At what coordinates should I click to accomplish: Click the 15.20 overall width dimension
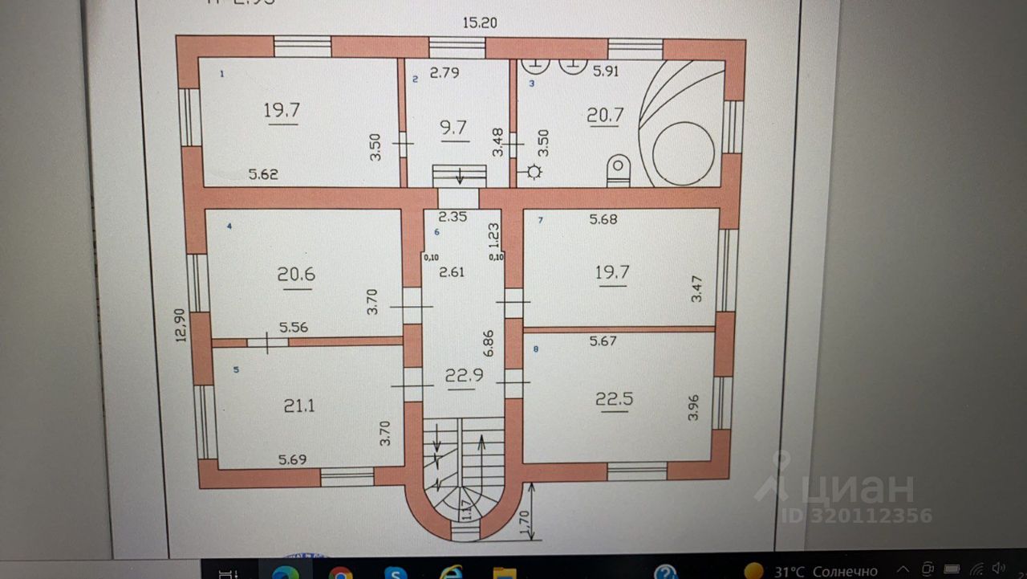pyautogui.click(x=479, y=24)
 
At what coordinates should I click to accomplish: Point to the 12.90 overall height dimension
pyautogui.click(x=181, y=325)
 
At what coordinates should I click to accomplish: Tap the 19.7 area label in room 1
pyautogui.click(x=282, y=110)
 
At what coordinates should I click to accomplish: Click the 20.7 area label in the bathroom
pyautogui.click(x=605, y=115)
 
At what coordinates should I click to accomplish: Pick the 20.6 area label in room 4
pyautogui.click(x=296, y=275)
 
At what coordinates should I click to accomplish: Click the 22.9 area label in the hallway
pyautogui.click(x=461, y=375)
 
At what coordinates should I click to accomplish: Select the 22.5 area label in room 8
pyautogui.click(x=614, y=398)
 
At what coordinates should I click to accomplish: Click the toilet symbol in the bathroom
pyautogui.click(x=619, y=169)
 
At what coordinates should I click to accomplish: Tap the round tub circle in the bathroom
pyautogui.click(x=683, y=153)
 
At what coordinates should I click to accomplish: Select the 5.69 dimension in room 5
pyautogui.click(x=294, y=460)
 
